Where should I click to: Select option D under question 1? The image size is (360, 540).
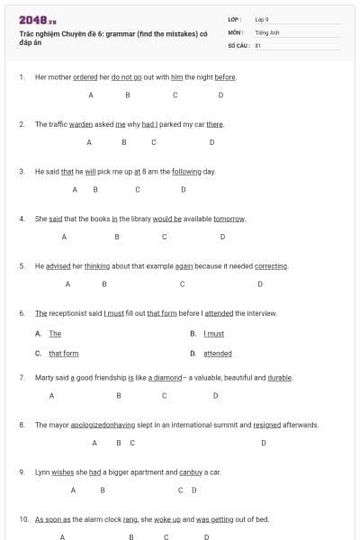[x=220, y=94]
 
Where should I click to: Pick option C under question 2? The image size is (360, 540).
[x=154, y=142]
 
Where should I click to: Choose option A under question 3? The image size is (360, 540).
[x=75, y=189]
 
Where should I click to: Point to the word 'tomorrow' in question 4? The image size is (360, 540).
[x=230, y=219]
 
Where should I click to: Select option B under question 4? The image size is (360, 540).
[x=117, y=237]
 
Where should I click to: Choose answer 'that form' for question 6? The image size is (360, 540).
[x=64, y=354]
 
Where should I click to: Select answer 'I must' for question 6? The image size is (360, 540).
[x=214, y=334]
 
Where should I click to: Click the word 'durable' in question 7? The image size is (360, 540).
[x=280, y=378]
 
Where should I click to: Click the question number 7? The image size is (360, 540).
[x=22, y=378]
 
